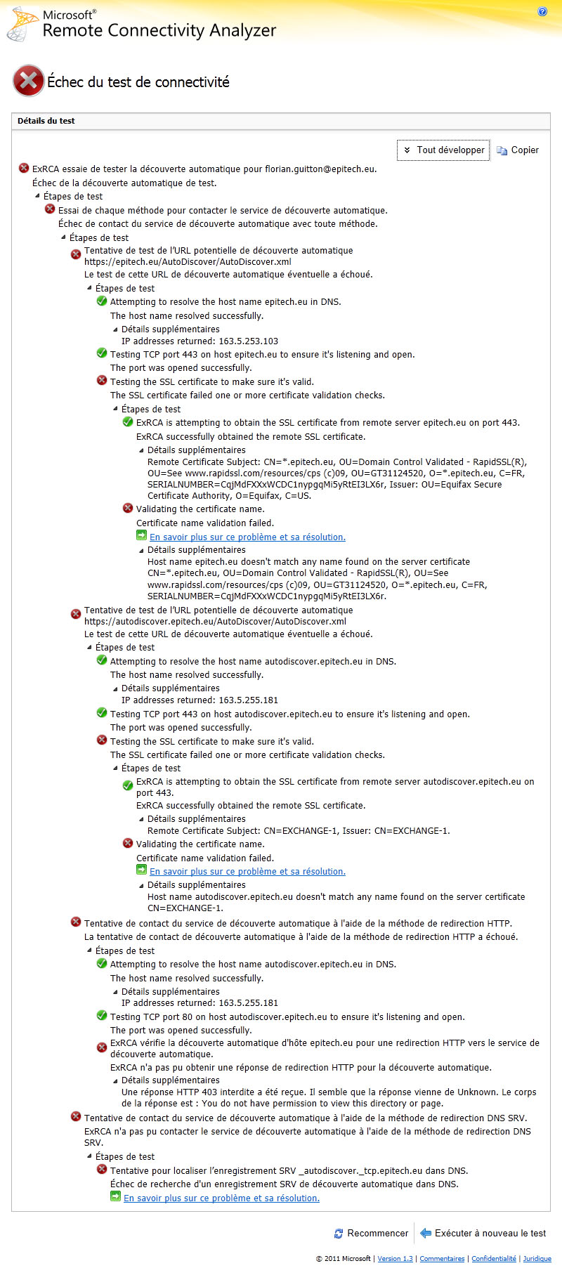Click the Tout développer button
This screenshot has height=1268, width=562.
click(443, 150)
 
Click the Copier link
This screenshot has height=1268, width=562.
click(518, 150)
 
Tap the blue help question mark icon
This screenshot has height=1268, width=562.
click(542, 11)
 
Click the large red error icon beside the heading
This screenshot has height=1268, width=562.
click(28, 81)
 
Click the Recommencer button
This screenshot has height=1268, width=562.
click(371, 1233)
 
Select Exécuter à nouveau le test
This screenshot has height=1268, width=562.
click(483, 1233)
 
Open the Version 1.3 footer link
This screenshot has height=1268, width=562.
click(395, 1258)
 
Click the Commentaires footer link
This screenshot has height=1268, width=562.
click(442, 1258)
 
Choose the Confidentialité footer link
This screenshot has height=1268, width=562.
click(494, 1258)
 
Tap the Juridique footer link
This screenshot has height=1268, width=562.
click(537, 1258)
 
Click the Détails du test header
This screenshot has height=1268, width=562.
click(46, 121)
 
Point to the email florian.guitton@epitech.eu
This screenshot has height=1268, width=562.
click(320, 169)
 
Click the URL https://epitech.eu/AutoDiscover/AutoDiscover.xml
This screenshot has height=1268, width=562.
click(188, 262)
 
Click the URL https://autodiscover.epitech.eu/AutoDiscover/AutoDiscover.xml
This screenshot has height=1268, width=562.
click(215, 621)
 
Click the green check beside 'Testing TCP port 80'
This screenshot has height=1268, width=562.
click(102, 1016)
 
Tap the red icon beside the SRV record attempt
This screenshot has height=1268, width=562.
click(102, 1170)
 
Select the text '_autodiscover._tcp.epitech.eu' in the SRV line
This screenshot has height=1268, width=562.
click(359, 1170)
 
